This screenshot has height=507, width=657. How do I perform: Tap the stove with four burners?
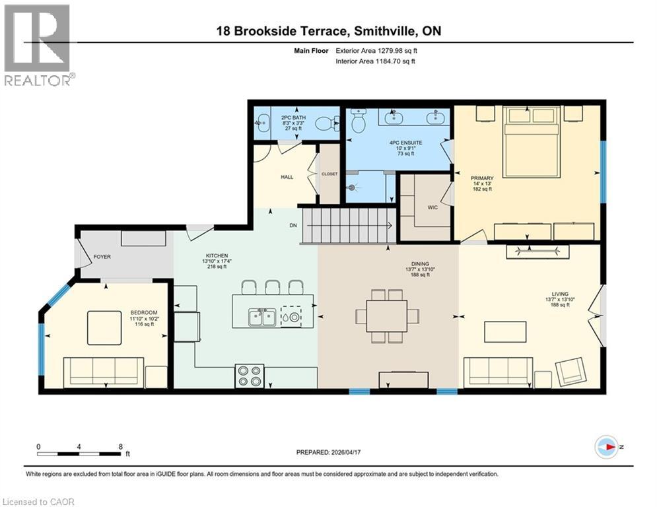(249, 376)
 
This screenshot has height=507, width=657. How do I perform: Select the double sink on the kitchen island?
(262, 317)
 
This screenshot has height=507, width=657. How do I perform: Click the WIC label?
(432, 207)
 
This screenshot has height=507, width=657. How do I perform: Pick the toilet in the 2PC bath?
(326, 123)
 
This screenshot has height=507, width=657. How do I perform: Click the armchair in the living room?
(569, 372)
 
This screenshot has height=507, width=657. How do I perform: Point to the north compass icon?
(607, 447)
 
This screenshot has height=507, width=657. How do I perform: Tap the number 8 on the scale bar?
(120, 446)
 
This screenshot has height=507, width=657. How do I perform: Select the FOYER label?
(102, 257)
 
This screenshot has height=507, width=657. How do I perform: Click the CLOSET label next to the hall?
(329, 174)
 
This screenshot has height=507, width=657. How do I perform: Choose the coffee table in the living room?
(505, 331)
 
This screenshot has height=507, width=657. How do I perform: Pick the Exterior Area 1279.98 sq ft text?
(376, 50)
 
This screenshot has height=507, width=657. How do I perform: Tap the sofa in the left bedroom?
(102, 372)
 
